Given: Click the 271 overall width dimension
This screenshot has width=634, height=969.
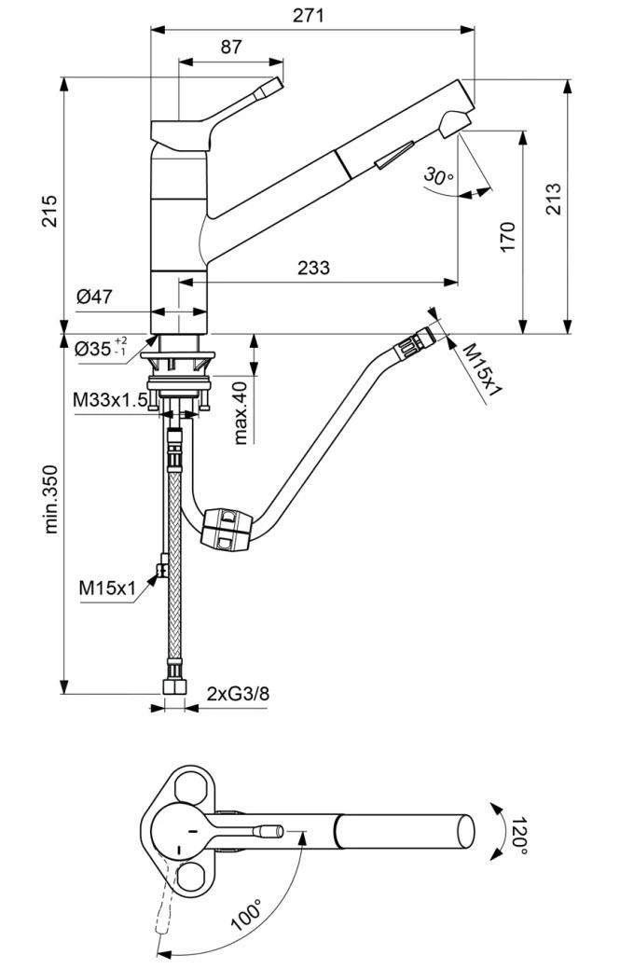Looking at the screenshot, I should click(x=312, y=15).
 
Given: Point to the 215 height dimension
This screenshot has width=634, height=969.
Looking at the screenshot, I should click(x=48, y=210).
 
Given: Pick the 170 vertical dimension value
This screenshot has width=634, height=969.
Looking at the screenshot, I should click(x=507, y=237).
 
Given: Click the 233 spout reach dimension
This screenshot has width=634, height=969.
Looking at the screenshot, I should click(x=313, y=268).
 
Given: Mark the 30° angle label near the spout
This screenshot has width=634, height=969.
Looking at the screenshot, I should click(x=437, y=175).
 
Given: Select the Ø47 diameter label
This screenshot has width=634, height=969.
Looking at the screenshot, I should click(x=94, y=298).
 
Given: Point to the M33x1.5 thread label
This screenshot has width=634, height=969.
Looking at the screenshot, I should click(x=110, y=400).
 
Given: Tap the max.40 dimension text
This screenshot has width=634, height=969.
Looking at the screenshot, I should click(x=240, y=412).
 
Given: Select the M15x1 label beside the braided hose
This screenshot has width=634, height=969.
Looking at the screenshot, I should click(x=107, y=588).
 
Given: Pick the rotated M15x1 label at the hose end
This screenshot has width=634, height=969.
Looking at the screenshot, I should click(x=483, y=369).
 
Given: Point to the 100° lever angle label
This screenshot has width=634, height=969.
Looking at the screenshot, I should click(x=247, y=914).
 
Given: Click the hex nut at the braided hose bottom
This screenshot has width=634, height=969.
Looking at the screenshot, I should click(x=173, y=688).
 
